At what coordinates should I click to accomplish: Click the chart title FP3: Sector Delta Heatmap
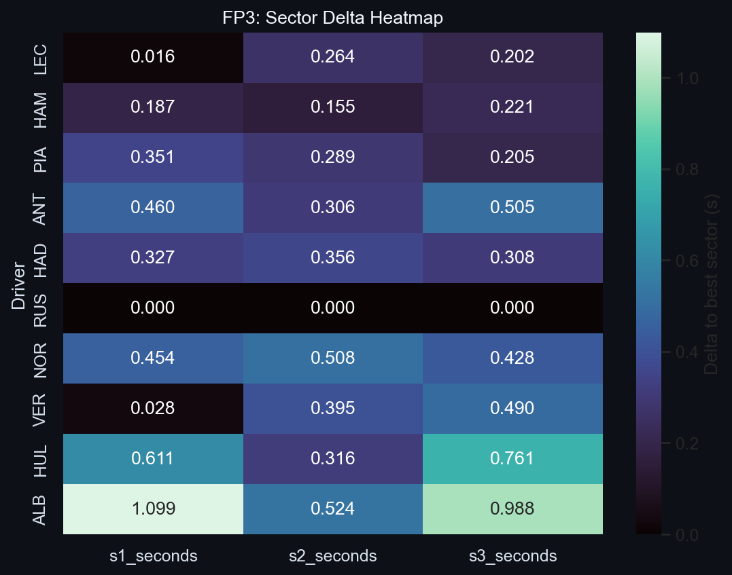332,18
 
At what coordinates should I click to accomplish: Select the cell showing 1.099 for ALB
153,508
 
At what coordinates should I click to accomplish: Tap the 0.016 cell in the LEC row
153,57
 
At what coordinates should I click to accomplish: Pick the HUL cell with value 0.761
512,458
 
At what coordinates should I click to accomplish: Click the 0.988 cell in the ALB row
512,508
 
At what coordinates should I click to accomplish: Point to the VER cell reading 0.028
153,408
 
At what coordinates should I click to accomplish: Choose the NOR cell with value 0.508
332,358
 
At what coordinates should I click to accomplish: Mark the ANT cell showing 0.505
512,208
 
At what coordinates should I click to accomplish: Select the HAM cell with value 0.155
332,107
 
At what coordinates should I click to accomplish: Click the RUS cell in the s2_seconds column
332,308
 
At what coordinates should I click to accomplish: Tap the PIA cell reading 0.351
153,157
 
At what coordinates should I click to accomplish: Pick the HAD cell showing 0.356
332,258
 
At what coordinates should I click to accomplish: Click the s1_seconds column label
153,556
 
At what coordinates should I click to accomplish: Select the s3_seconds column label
512,556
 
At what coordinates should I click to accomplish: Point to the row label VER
41,408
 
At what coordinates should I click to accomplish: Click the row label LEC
41,57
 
